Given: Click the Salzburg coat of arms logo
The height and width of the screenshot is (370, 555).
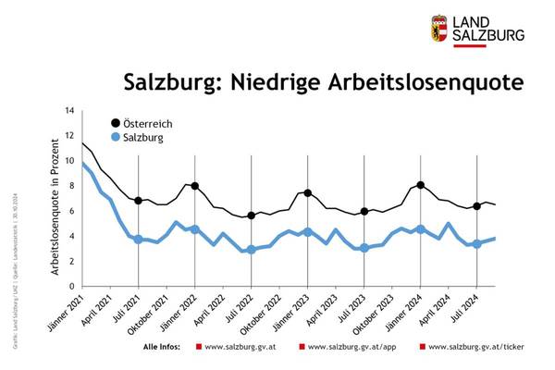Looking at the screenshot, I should click(x=440, y=29).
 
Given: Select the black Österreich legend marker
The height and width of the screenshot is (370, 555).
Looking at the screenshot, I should click(x=116, y=123).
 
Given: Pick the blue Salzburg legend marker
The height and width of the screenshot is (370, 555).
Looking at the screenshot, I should click(x=116, y=138).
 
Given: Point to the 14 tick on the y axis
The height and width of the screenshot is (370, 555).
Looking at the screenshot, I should click(x=68, y=111).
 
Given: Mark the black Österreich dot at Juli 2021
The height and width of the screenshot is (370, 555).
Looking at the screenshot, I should click(x=139, y=201).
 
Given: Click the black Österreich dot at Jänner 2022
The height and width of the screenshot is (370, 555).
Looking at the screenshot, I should click(x=195, y=186).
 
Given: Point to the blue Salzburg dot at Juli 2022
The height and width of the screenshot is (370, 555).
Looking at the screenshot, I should click(x=252, y=249).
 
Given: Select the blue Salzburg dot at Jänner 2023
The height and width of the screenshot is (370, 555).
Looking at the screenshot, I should click(x=308, y=231).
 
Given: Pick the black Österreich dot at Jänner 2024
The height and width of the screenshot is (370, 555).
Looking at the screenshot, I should click(x=421, y=185).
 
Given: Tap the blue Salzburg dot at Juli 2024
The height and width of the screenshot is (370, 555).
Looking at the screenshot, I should click(x=476, y=244).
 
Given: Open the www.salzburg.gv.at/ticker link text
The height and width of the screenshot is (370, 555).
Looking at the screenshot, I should click(x=471, y=348).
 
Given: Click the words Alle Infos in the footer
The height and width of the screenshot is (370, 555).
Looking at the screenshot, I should click(x=165, y=348).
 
